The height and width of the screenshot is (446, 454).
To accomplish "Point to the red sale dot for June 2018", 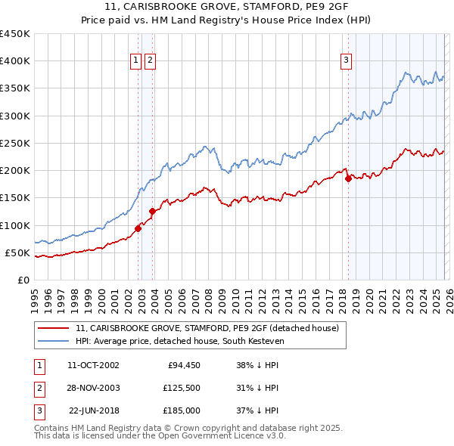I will pos(348,179).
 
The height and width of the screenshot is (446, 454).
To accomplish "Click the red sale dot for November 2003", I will pos(152,212).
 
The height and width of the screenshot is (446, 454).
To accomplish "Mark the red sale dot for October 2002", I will pos(138,228).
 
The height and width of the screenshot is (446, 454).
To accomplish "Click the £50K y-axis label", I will pos(17,252).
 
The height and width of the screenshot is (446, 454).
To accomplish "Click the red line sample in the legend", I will pos(54,328).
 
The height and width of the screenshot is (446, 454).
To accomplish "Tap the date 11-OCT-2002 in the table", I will pos(93,365).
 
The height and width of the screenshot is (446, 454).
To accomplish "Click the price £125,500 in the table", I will pos(182,388).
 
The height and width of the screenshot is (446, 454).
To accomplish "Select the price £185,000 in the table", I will pos(182,410).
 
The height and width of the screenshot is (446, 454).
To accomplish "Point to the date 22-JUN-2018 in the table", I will pos(94,410).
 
